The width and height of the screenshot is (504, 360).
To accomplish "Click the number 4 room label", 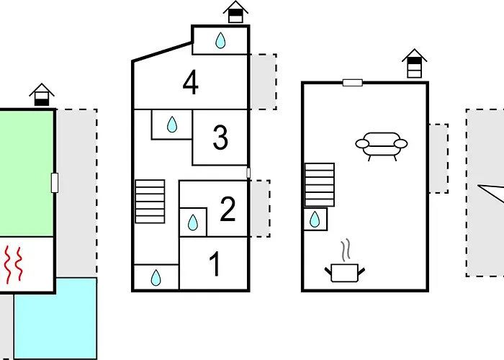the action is tap(190, 83).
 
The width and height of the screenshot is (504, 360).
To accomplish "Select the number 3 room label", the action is tap(220, 138).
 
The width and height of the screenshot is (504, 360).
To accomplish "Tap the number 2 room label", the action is tap(228, 209).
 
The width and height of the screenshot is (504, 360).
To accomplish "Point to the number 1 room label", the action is tap(215, 264).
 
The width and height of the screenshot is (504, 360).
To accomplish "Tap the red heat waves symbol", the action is tap(13, 264).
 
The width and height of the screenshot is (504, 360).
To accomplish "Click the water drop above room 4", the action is tap(220, 40).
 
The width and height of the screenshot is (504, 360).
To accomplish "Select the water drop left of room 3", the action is tap(172, 125).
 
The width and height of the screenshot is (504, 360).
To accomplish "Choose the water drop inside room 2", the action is tap(192, 222).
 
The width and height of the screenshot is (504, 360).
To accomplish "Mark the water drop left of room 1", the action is tap(156, 278).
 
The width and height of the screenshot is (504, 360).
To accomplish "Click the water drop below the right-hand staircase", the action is tap(315, 219).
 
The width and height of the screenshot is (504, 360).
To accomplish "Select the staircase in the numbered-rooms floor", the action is tap(150, 202).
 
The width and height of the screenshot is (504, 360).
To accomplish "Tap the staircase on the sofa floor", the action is tap(320, 185).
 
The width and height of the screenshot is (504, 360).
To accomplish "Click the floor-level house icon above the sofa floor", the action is tap(414, 63).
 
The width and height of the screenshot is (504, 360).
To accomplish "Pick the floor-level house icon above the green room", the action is tap(42, 94).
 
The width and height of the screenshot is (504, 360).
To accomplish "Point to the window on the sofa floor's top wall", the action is tap(353, 83).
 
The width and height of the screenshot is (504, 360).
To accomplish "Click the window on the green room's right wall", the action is tap(55, 183).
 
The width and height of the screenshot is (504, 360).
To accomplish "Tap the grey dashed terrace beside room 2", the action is tap(260, 209).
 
